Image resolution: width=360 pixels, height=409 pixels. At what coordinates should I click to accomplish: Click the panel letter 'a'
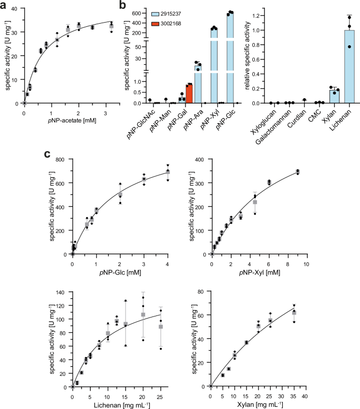(x=4, y=5)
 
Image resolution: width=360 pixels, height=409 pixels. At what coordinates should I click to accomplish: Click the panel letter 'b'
(x=122, y=5)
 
